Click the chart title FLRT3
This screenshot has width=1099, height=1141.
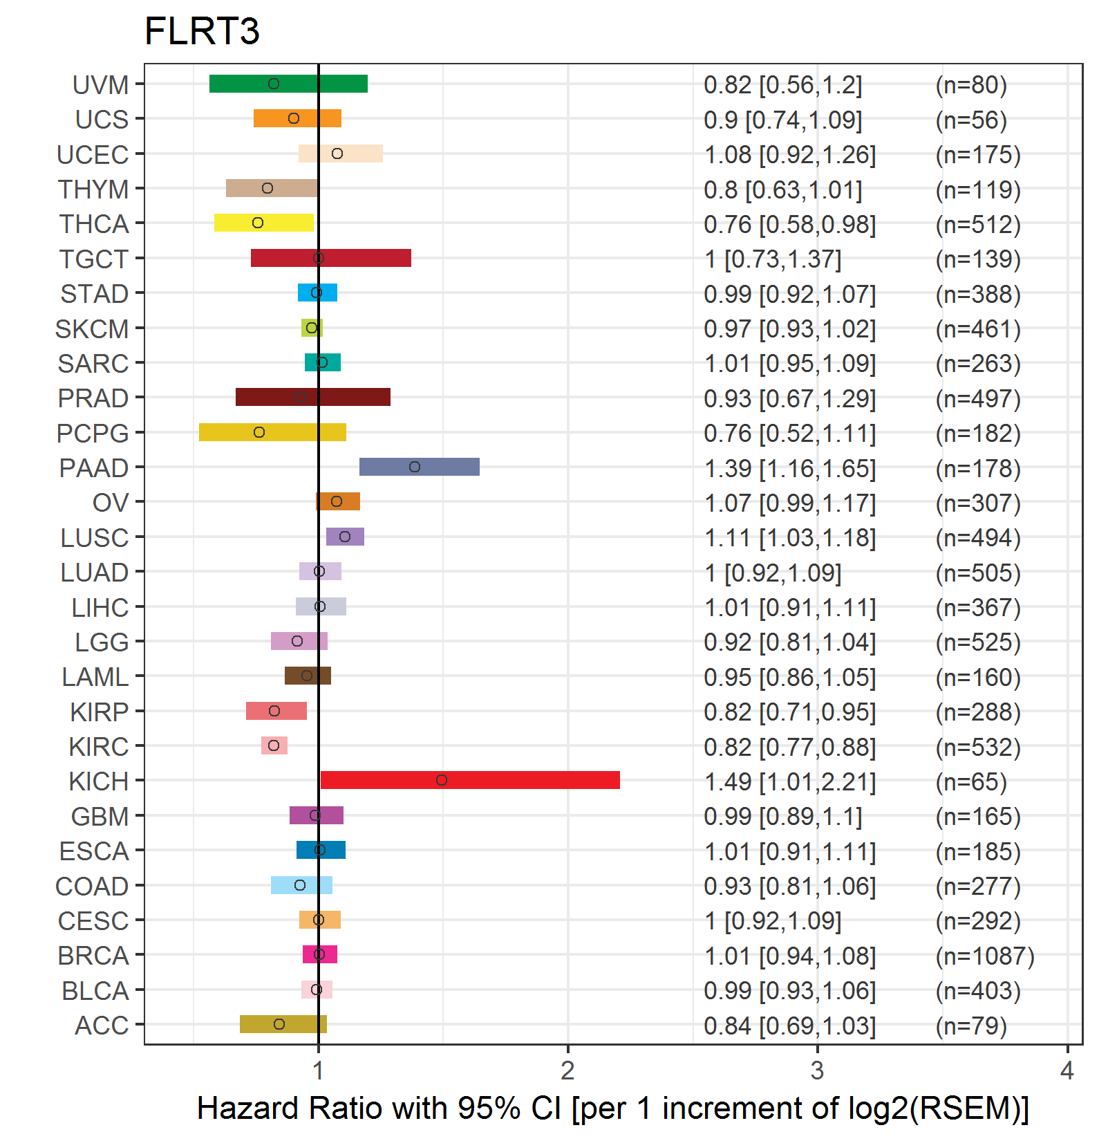click(x=202, y=31)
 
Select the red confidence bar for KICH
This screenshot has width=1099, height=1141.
click(x=470, y=780)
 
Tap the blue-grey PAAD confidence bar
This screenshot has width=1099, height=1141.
click(x=420, y=467)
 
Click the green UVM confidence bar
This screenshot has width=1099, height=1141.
click(x=288, y=84)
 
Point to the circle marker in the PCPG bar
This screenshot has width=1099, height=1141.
click(x=259, y=432)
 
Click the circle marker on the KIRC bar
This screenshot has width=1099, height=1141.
click(x=274, y=745)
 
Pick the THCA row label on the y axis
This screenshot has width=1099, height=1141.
click(x=94, y=224)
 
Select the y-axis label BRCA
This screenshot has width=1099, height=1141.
click(x=93, y=956)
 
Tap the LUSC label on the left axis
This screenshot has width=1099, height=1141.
click(x=95, y=537)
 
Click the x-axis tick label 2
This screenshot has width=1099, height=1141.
click(x=567, y=1070)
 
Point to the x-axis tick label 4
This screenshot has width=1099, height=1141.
click(x=1067, y=1070)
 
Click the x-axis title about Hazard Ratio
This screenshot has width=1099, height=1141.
click(x=613, y=1108)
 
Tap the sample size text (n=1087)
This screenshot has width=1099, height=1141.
click(x=985, y=956)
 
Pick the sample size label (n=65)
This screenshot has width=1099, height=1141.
click(x=971, y=781)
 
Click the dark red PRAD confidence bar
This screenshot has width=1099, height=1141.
click(x=313, y=397)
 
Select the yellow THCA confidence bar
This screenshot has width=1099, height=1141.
click(x=264, y=223)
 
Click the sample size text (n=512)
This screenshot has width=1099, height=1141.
click(x=978, y=224)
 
